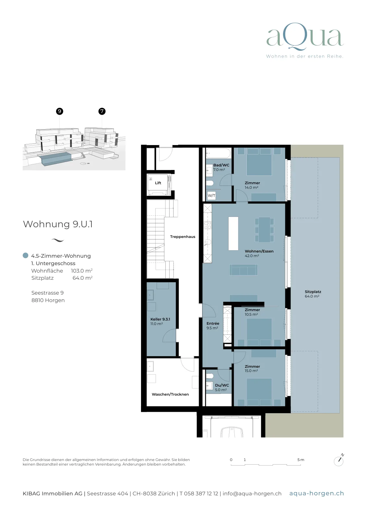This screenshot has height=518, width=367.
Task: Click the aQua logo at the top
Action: pyautogui.click(x=305, y=37)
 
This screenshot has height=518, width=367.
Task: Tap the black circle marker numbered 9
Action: pyautogui.click(x=60, y=111)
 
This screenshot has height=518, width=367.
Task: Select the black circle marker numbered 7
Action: pyautogui.click(x=102, y=111)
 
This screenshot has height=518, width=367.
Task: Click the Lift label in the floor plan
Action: pyautogui.click(x=158, y=183)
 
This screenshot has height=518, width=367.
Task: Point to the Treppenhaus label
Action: pyautogui.click(x=183, y=237)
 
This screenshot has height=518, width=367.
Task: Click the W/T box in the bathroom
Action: pyautogui.click(x=211, y=196)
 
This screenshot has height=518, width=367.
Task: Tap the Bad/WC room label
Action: pyautogui.click(x=221, y=165)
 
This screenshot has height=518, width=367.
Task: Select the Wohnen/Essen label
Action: pyautogui.click(x=259, y=251)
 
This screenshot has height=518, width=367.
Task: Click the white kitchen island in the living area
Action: pyautogui.click(x=233, y=233)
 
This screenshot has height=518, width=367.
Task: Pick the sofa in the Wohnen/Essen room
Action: pyautogui.click(x=243, y=270)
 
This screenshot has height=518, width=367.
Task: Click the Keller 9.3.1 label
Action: pyautogui.click(x=160, y=319)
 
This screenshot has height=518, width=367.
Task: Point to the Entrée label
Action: pyautogui.click(x=213, y=323)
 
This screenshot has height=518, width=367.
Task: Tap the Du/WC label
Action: pyautogui.click(x=222, y=385)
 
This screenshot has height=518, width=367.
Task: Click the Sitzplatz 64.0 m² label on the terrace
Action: pyautogui.click(x=313, y=294)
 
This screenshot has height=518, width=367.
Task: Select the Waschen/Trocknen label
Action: pyautogui.click(x=170, y=394)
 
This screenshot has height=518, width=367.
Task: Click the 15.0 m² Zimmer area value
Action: pyautogui.click(x=251, y=371)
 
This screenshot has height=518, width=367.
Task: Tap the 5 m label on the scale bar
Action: pyautogui.click(x=301, y=460)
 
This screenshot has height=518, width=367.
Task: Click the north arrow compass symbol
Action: pyautogui.click(x=339, y=460)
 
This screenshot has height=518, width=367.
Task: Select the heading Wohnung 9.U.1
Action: pyautogui.click(x=58, y=224)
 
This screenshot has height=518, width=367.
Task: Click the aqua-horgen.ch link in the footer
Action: pyautogui.click(x=316, y=493)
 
